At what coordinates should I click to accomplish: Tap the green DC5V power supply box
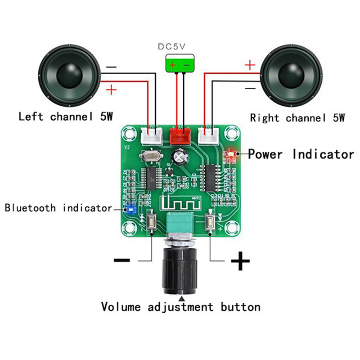click(x=180, y=64)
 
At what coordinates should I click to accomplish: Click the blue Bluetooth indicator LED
click(x=130, y=209)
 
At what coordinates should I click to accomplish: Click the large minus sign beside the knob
click(x=122, y=260)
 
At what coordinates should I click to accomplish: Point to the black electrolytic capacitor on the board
click(x=182, y=157)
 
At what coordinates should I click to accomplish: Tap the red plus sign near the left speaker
click(x=111, y=90)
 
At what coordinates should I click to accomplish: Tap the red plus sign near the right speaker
click(x=249, y=66)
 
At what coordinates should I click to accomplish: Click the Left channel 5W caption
click(x=65, y=117)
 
